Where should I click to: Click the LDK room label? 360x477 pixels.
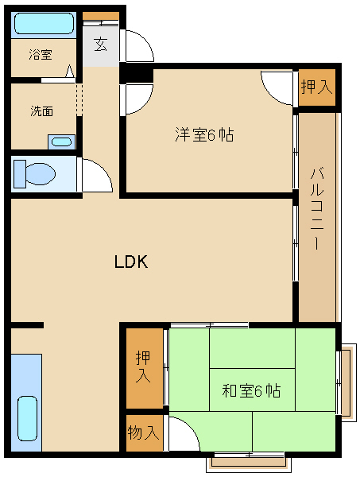point(131,262)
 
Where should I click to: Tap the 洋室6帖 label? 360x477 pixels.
point(204,134)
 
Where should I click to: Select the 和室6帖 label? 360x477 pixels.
point(251,390)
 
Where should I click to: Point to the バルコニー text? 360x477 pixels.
point(317,208)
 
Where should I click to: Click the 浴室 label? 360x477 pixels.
point(41,54)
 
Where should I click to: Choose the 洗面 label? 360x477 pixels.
point(41,111)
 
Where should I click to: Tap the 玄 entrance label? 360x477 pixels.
point(101,45)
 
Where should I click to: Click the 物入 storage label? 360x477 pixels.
point(143,432)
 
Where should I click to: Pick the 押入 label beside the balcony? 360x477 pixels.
point(316,87)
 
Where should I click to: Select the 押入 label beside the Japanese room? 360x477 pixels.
point(143,366)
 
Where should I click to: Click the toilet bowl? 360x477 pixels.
point(41,174)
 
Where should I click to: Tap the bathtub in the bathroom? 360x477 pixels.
point(45,23)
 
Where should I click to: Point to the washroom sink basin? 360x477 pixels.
point(61,142)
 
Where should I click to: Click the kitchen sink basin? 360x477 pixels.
point(27,418)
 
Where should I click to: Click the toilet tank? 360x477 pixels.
point(20,174)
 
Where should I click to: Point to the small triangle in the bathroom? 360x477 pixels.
point(70,72)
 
